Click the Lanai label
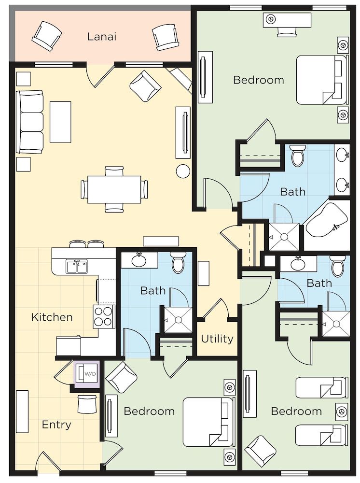pyautogui.click(x=102, y=36)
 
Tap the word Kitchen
pyautogui.click(x=52, y=317)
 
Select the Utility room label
pyautogui.click(x=217, y=339)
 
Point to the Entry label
pyautogui.click(x=56, y=425)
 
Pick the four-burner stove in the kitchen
pyautogui.click(x=104, y=316)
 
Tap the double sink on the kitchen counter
pyautogui.click(x=77, y=266)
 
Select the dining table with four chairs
pyautogui.click(x=114, y=189)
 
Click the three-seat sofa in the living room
pyautogui.click(x=30, y=122)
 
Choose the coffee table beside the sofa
pyautogui.click(x=60, y=122)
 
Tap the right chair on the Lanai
pyautogui.click(x=166, y=37)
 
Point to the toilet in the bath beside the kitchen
pyautogui.click(x=178, y=263)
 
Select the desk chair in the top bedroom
pyautogui.click(x=287, y=31)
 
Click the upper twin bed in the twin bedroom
pyautogui.click(x=321, y=387)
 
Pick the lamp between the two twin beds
pyautogui.click(x=342, y=411)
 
